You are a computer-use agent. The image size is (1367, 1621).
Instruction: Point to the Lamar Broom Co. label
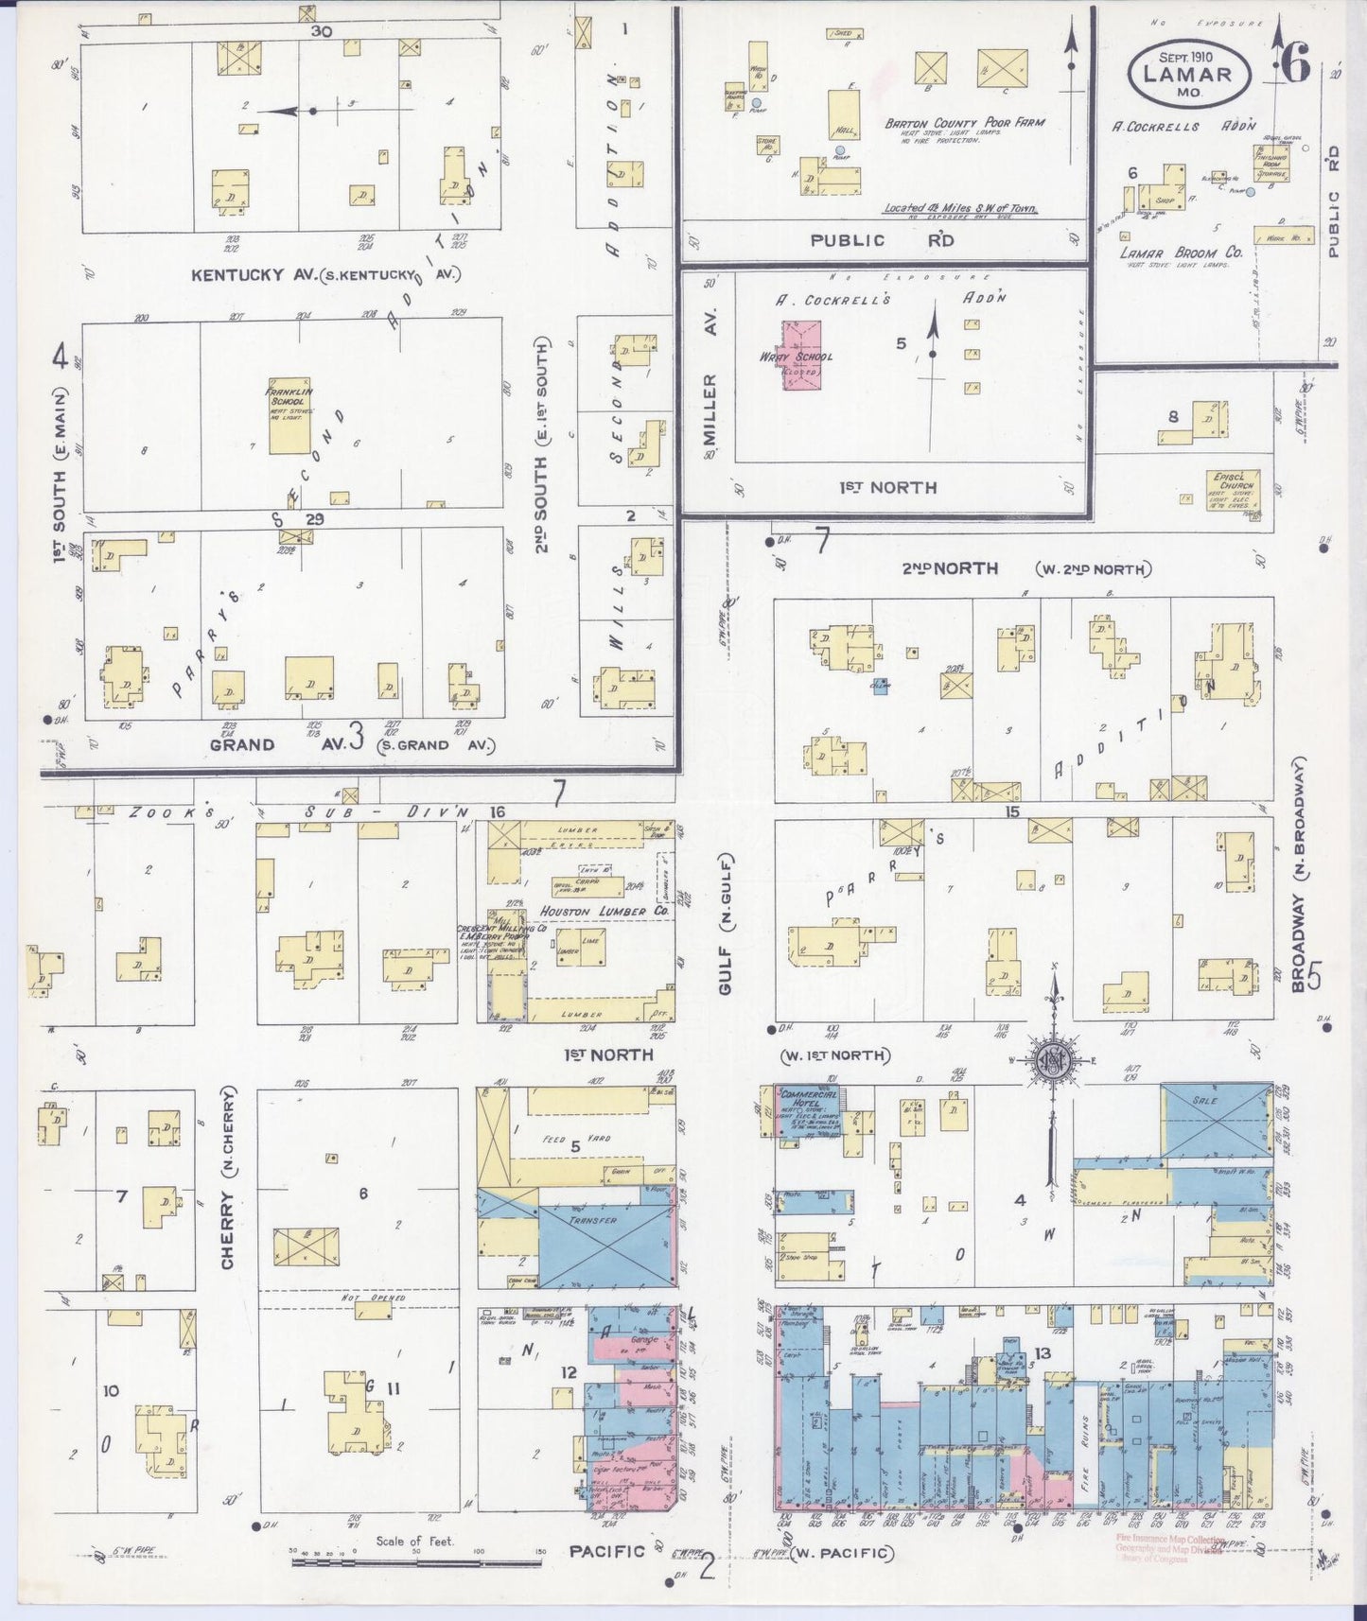(x=1181, y=253)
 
